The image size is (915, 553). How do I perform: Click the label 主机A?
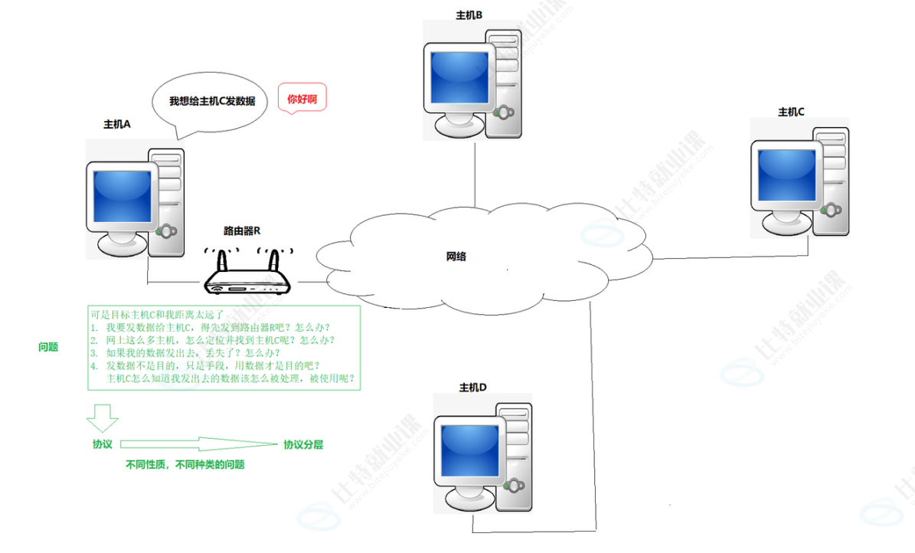117,124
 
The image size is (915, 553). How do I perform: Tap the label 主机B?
469,15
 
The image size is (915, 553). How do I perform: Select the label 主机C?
791,112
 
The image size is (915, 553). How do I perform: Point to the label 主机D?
472,387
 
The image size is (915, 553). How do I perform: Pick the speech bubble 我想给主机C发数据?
212,101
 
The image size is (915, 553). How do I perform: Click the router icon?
248,281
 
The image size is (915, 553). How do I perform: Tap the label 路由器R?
242,230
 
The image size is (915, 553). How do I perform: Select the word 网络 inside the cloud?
456,257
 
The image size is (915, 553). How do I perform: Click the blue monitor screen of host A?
122,196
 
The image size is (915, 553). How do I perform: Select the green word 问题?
48,347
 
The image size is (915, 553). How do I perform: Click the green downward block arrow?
102,418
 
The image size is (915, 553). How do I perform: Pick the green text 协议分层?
303,444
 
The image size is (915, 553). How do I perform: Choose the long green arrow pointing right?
198,443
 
